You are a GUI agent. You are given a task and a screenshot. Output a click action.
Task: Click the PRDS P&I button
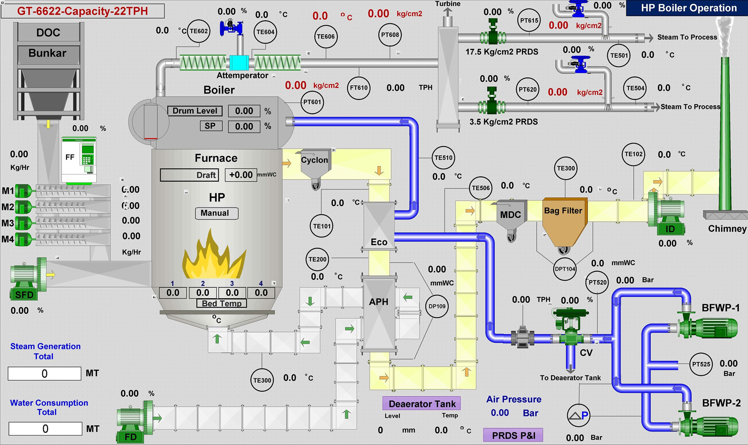coord(513,435)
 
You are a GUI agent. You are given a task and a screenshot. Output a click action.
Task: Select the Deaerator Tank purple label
coord(422,404)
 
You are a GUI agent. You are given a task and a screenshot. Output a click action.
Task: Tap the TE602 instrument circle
coord(199,31)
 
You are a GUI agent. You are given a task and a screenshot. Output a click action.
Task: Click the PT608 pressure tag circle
coord(390,35)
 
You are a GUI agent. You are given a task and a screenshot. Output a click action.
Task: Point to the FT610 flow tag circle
coord(358,88)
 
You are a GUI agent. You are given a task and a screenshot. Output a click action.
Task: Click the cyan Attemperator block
coord(239,63)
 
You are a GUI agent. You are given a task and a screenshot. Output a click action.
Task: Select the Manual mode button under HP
coord(216,213)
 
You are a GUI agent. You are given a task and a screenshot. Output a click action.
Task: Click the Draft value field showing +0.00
coord(241,175)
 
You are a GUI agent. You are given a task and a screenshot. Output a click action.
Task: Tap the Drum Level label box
coord(195,111)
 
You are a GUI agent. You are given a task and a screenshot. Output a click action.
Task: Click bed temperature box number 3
coord(232,293)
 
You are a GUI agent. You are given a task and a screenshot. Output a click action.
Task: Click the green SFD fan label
coord(24,295)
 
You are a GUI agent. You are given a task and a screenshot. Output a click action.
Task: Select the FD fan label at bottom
coord(131,437)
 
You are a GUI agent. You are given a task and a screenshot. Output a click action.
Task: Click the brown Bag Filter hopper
coord(564,224)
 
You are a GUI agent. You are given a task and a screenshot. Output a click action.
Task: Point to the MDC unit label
coord(510,215)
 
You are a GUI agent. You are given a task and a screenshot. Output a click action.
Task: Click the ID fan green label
coord(670,229)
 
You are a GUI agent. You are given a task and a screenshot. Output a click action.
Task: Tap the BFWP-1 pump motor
coord(719,327)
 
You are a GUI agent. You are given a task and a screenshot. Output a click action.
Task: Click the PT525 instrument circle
coord(701,364)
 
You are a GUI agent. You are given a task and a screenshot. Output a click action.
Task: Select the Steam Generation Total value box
coord(45,374)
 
